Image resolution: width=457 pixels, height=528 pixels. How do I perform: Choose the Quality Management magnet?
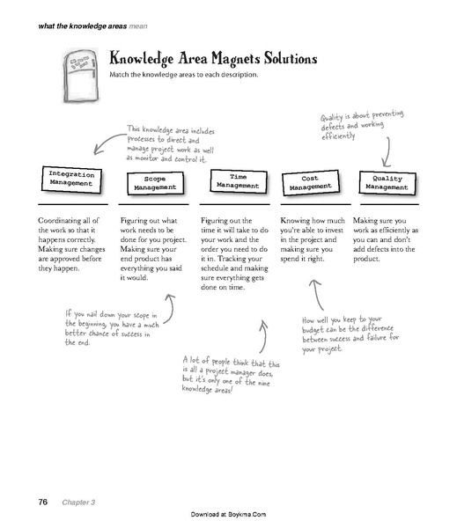[385, 182]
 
